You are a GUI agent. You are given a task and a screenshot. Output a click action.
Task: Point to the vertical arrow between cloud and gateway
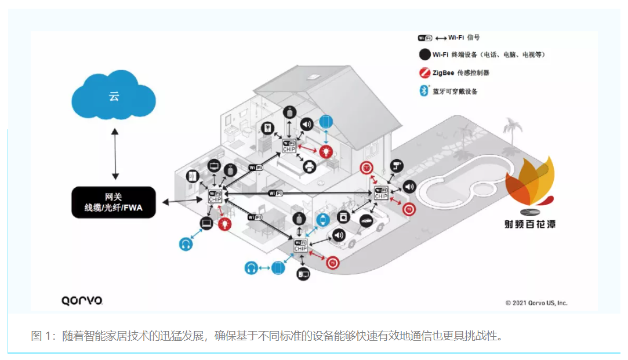pos(115,154)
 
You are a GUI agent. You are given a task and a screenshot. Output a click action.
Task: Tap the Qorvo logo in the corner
pos(82,300)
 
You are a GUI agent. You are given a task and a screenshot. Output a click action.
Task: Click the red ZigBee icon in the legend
pos(424,72)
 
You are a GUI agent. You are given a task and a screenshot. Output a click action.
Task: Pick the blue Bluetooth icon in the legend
pos(424,91)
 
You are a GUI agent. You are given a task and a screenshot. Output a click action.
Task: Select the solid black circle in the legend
pos(424,54)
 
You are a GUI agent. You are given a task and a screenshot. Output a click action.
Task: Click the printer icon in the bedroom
pos(310,167)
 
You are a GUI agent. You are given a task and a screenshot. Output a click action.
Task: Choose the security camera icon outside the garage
pos(397,165)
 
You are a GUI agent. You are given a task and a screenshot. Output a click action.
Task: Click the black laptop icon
pos(206,223)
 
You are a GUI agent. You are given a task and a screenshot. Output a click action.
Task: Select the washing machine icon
pos(343,217)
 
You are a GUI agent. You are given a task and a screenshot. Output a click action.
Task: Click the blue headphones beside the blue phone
pos(251,268)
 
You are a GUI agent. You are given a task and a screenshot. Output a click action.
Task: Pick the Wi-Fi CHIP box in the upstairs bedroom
pos(289,146)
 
